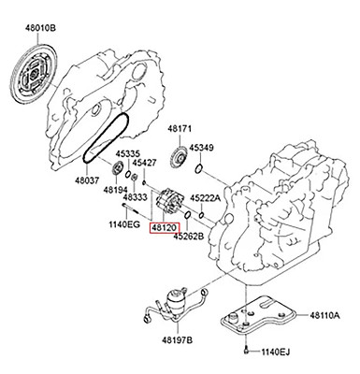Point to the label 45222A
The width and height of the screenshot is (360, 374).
point(206,198)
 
